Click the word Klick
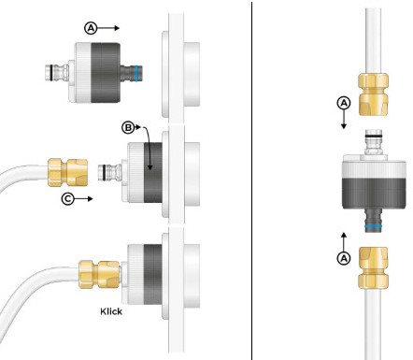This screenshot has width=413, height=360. point(111,311)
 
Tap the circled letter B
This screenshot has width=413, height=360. point(128,127)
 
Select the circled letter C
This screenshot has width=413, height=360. point(67,198)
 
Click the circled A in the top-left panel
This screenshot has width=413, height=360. point(91,28)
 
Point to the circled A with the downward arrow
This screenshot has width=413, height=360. point(344,103)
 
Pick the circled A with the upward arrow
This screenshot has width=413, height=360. point(344,258)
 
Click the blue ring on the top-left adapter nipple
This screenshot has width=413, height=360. point(137,74)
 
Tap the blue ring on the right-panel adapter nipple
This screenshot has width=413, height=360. point(374,225)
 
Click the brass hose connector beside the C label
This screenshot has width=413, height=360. point(67,173)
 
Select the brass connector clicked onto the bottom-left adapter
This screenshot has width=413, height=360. point(99,274)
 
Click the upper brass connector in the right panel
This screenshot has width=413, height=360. point(374,94)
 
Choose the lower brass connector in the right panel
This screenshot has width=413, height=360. point(374,267)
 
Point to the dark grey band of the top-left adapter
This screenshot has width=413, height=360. point(106,73)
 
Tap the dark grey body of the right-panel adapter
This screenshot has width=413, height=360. point(374,194)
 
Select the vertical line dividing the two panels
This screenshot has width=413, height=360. point(251,180)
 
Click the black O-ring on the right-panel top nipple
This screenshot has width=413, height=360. point(374,137)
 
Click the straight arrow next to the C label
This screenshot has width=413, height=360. point(83,198)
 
